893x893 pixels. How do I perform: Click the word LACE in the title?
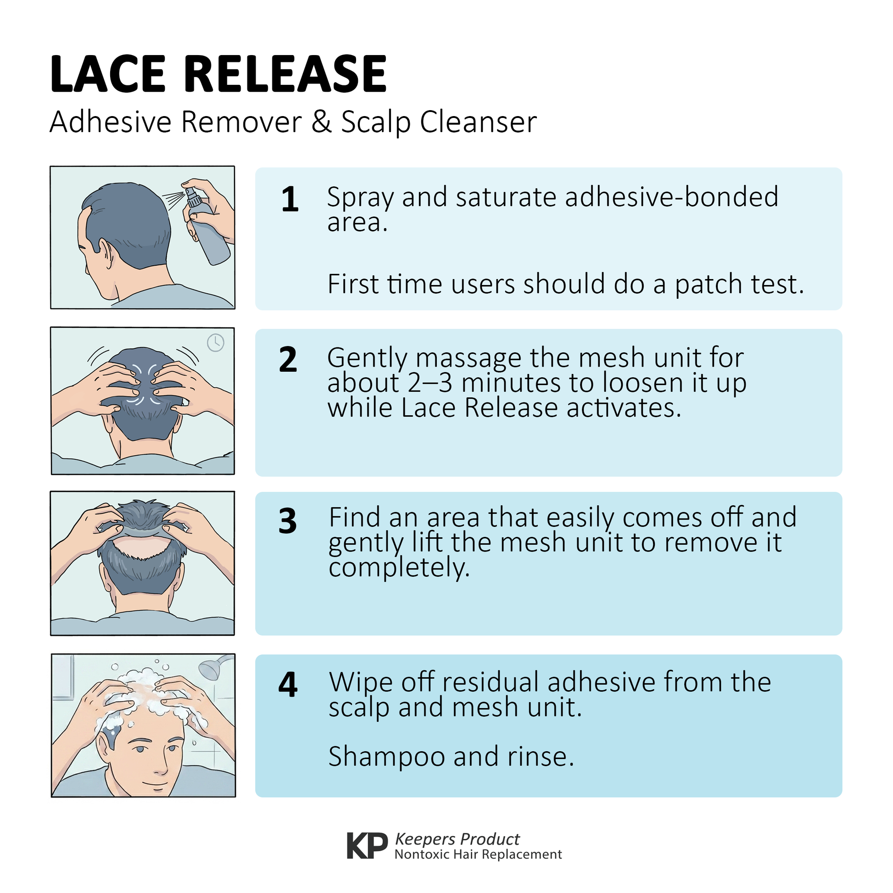coord(107,74)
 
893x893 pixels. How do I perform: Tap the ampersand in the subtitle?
coord(322,122)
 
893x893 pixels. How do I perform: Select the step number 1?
coord(290,200)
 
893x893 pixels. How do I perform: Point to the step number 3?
coord(288,521)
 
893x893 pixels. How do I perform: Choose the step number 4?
coord(288,685)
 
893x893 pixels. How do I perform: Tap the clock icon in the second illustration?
coord(215,343)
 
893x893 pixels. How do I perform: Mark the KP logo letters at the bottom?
coord(368,845)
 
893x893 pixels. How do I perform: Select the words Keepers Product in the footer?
coord(457,839)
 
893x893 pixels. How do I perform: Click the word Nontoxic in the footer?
coord(422,854)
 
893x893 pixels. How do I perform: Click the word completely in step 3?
coord(399,568)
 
